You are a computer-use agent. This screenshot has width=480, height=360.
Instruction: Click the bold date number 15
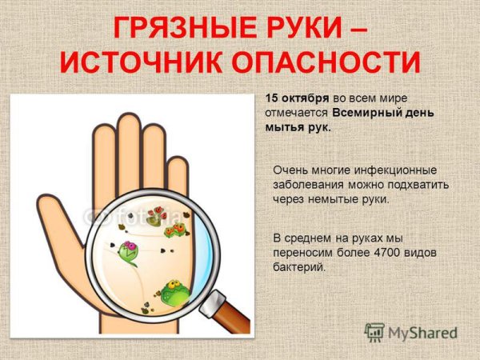271,98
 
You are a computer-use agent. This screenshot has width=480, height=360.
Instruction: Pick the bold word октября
306,98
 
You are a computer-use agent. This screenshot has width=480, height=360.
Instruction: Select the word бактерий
298,267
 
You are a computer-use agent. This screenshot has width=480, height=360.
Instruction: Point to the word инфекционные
395,170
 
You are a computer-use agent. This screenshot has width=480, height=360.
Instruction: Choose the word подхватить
418,185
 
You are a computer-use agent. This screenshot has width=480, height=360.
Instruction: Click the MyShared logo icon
374,333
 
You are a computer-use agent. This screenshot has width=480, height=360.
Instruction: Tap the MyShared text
422,333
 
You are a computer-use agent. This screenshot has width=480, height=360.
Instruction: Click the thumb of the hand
62,223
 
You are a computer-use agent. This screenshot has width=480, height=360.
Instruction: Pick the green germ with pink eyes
128,253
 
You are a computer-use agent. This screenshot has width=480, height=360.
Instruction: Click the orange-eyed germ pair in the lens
175,230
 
